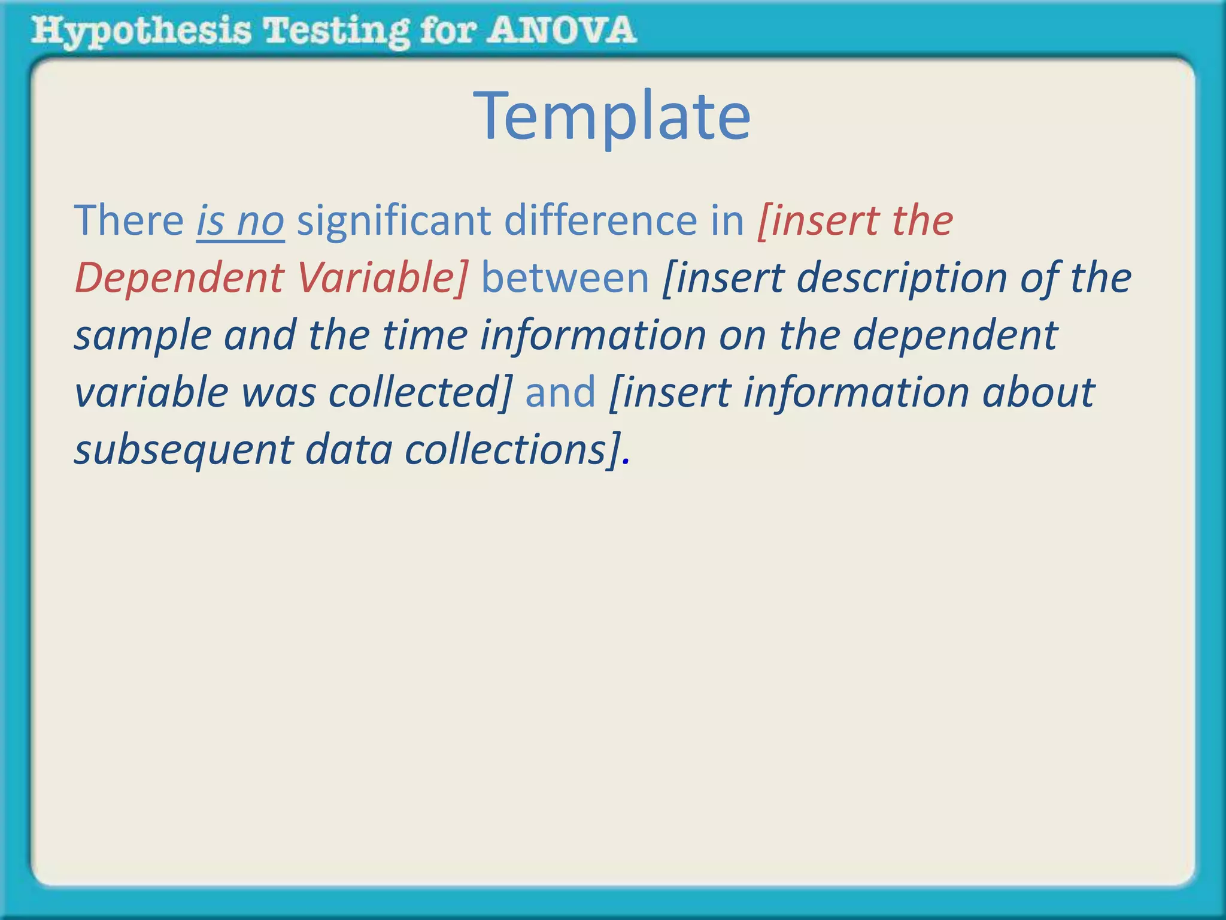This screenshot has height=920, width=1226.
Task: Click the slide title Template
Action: pos(612,116)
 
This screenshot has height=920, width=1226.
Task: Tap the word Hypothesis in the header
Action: pos(141,31)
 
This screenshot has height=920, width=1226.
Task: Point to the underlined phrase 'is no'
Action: pos(240,220)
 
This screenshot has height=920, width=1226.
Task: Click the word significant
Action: pos(394,220)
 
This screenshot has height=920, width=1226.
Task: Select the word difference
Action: pos(600,220)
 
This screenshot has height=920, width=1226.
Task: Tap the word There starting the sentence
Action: pos(129,220)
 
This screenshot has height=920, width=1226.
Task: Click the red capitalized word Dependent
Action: pos(179,278)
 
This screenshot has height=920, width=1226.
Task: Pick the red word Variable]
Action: pos(382,278)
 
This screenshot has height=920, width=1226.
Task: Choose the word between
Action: pos(565,278)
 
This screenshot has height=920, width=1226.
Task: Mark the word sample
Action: pos(142,335)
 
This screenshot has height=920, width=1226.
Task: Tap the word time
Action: pos(424,334)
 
